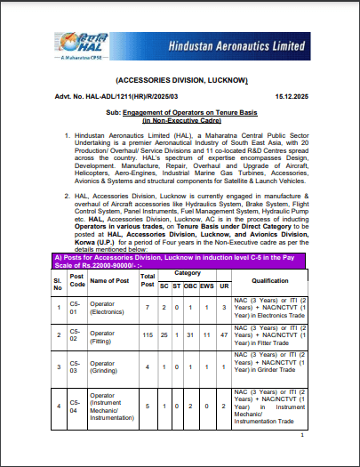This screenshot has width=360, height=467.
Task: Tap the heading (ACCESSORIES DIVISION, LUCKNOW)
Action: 180,79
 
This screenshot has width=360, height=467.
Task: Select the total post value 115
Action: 148,334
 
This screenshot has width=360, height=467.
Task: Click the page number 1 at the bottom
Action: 302,436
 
